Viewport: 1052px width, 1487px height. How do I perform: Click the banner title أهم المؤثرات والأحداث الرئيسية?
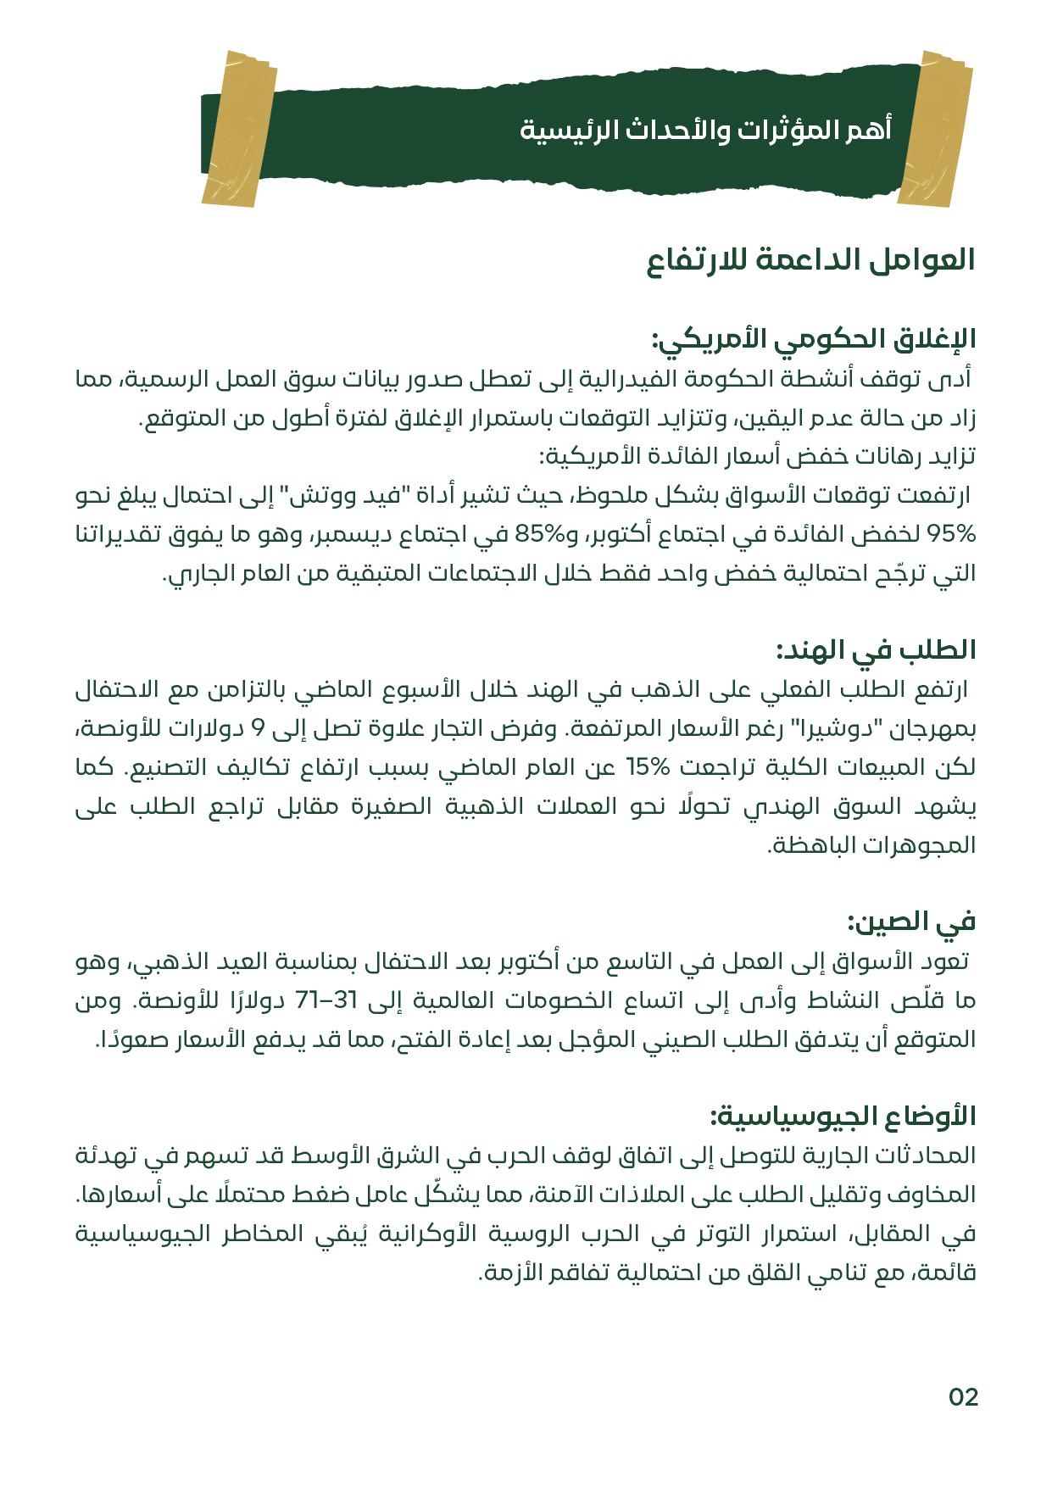705,130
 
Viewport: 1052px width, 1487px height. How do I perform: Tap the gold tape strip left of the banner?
240,129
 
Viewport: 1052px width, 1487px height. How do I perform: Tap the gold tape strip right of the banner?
936,129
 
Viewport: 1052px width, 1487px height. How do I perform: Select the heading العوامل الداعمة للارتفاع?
811,259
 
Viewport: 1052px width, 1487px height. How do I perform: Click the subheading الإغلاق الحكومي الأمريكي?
814,339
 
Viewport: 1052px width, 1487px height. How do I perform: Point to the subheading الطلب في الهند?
876,650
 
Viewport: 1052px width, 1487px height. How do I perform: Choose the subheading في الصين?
911,922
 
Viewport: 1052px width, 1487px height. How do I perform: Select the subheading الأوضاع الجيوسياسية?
843,1116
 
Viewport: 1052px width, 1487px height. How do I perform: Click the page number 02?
963,1397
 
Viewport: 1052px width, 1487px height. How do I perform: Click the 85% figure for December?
539,534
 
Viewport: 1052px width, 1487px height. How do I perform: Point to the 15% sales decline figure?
648,767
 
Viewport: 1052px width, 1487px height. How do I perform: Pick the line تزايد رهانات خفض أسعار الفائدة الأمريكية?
757,457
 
